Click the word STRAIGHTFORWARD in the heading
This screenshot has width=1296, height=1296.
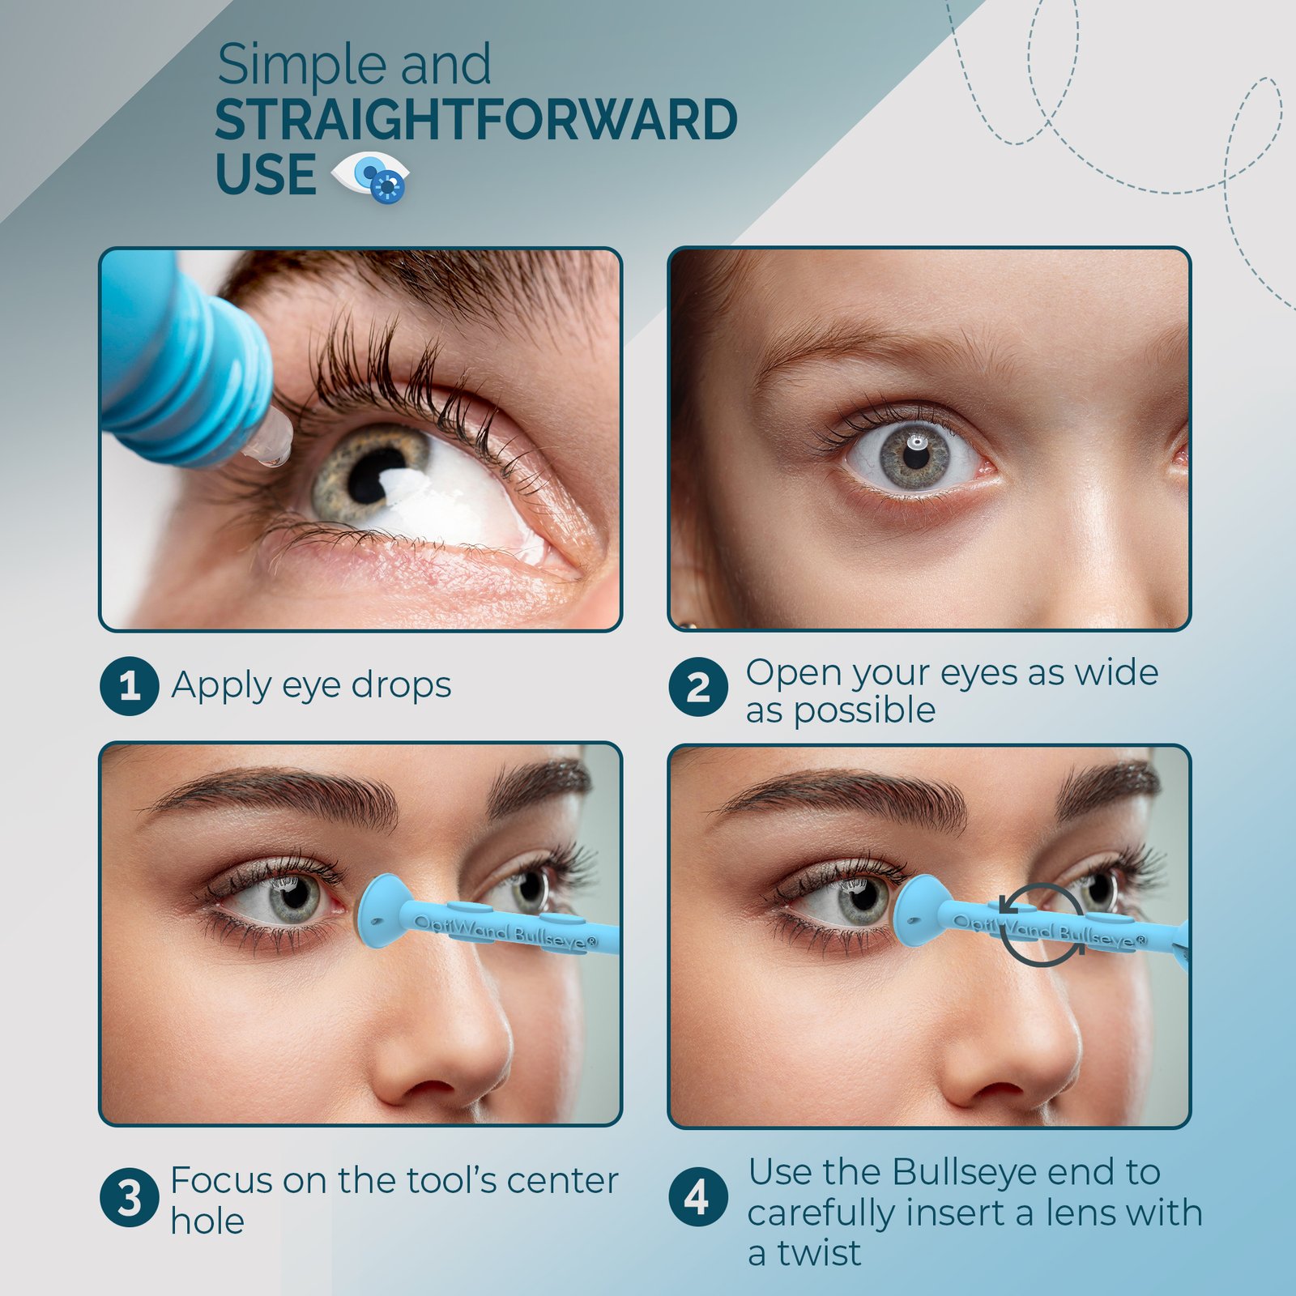[x=476, y=120]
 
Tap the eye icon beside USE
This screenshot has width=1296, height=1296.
[x=370, y=176]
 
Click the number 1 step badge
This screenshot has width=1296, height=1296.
[x=129, y=686]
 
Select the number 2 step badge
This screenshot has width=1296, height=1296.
[x=697, y=688]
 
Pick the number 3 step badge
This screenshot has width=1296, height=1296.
[x=129, y=1197]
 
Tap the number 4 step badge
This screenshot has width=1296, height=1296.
[x=697, y=1197]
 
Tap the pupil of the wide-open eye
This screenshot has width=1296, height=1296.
[x=916, y=456]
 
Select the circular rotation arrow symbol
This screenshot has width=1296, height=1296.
[x=1041, y=925]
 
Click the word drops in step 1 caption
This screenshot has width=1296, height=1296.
[x=401, y=685]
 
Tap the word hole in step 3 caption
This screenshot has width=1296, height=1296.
[x=207, y=1221]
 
